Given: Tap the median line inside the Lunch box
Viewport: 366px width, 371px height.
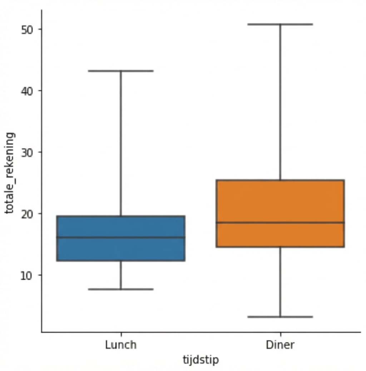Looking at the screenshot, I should (121, 237).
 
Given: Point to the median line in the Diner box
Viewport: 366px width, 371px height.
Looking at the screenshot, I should (281, 223).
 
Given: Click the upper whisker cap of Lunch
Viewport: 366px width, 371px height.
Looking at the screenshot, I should (121, 71).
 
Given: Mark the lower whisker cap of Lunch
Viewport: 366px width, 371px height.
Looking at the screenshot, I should (121, 289).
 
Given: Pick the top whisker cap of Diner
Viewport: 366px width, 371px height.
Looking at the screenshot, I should (281, 24).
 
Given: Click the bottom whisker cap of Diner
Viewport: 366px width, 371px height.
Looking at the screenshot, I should (281, 317).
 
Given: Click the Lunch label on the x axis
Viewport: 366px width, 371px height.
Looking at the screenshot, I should (121, 345).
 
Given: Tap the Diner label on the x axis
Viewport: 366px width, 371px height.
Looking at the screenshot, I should (281, 345).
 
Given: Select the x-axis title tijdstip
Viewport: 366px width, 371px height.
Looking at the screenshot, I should (201, 360).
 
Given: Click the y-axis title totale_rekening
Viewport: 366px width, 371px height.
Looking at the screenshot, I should (10, 173).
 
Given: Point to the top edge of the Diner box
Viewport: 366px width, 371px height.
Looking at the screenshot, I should (281, 180).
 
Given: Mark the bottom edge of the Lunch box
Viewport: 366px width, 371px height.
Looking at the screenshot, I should (121, 261).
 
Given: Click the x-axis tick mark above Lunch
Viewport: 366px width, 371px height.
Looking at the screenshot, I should (121, 334).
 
